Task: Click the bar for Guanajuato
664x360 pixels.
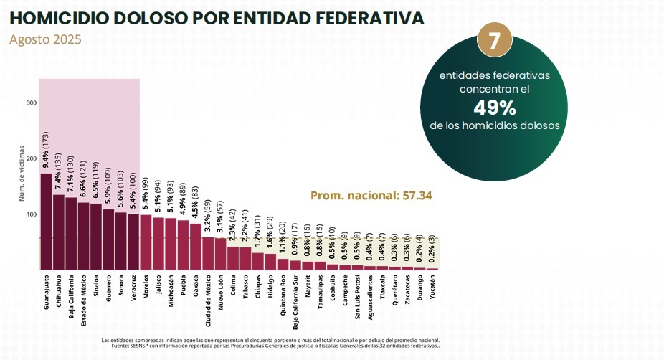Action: (x=46, y=222)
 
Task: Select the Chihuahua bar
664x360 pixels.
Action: (x=59, y=232)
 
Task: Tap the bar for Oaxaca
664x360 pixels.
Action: (x=195, y=247)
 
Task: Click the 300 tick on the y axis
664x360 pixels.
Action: (x=31, y=103)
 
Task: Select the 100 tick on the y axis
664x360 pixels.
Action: (x=31, y=214)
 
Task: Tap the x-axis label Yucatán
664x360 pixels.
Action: (x=432, y=290)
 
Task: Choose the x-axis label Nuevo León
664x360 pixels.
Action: (x=220, y=294)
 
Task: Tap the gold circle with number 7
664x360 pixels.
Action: (x=494, y=40)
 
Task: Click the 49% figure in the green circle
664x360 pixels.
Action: (x=495, y=108)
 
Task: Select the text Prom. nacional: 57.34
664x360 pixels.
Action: (x=371, y=195)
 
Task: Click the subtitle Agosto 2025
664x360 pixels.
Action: (x=45, y=39)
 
